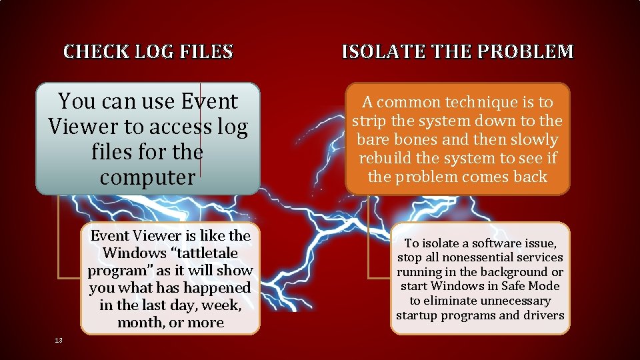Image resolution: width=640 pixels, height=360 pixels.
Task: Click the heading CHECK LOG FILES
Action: [148, 51]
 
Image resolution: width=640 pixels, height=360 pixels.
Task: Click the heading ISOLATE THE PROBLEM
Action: [457, 51]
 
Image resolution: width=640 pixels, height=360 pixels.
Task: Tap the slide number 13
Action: [59, 341]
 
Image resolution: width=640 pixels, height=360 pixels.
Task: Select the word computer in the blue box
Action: [147, 177]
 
